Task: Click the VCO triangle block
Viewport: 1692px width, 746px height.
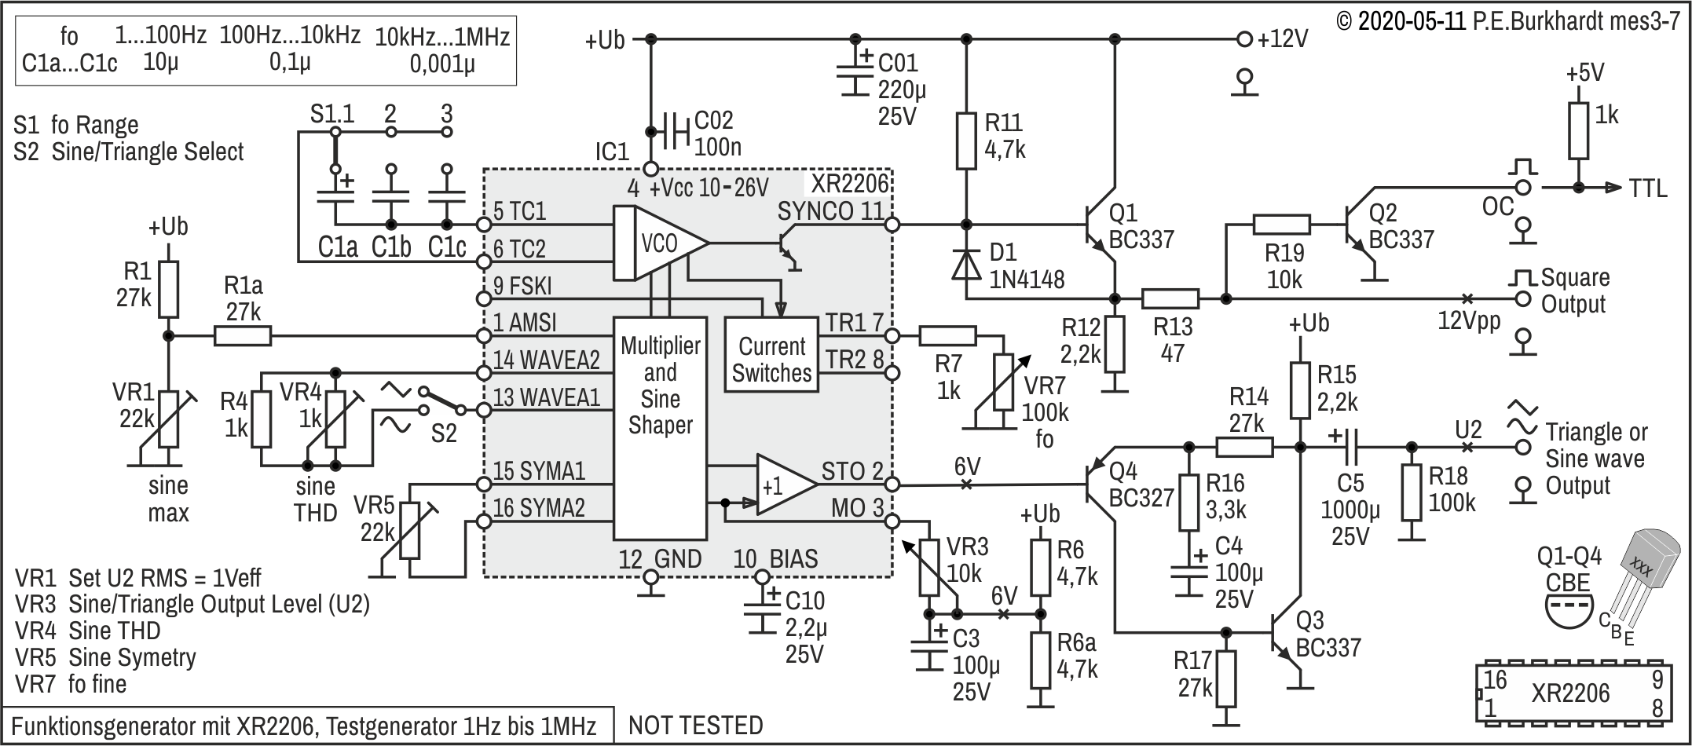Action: click(x=660, y=243)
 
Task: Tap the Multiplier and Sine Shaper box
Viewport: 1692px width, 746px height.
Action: click(x=660, y=428)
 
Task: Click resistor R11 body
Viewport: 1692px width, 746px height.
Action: click(x=966, y=141)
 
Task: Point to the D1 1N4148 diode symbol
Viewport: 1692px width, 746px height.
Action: click(x=966, y=264)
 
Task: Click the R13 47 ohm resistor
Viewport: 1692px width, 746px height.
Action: click(x=1170, y=298)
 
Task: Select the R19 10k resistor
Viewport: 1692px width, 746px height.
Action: click(x=1281, y=225)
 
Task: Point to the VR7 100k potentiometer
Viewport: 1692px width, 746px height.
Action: click(x=1003, y=382)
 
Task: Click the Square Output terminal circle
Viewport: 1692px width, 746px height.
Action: click(x=1523, y=298)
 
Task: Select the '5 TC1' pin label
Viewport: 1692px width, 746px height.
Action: click(x=519, y=211)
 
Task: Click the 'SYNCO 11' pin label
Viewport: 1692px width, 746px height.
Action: click(x=830, y=211)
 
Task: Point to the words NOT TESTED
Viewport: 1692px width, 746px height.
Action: click(x=696, y=725)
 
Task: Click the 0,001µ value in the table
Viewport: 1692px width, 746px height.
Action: click(x=442, y=63)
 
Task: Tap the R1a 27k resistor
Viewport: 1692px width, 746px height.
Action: click(x=243, y=337)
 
